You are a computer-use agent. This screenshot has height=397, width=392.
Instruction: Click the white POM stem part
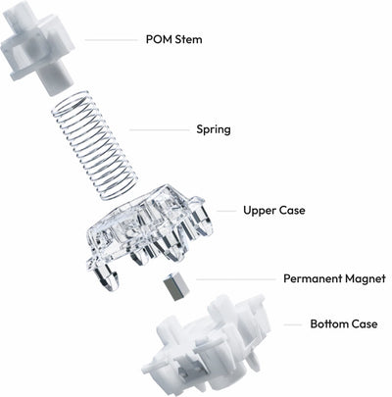(37, 46)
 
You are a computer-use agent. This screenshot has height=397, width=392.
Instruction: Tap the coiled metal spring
(94, 145)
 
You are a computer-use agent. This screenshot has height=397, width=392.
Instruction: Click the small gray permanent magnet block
(176, 286)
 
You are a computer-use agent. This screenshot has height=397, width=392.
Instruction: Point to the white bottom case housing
(208, 345)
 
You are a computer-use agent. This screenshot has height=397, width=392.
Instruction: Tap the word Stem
(189, 40)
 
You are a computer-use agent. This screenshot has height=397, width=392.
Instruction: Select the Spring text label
(214, 129)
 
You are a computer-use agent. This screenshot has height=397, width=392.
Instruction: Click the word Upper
(259, 211)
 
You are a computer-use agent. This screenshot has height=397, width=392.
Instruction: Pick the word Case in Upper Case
(291, 210)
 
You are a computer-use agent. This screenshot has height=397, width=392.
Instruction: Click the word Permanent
(313, 278)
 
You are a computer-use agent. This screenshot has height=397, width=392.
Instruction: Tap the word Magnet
(366, 278)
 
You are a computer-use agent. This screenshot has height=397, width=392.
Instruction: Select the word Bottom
(329, 324)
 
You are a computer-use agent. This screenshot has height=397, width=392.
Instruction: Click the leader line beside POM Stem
(111, 40)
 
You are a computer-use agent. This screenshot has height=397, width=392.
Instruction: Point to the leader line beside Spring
(159, 130)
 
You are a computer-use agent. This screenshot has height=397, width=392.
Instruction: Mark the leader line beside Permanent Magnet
(236, 279)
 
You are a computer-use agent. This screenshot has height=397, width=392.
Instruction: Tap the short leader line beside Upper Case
(226, 211)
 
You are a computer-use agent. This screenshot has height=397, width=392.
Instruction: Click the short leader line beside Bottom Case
(293, 324)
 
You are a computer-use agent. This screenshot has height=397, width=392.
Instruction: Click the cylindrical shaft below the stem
(56, 78)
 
